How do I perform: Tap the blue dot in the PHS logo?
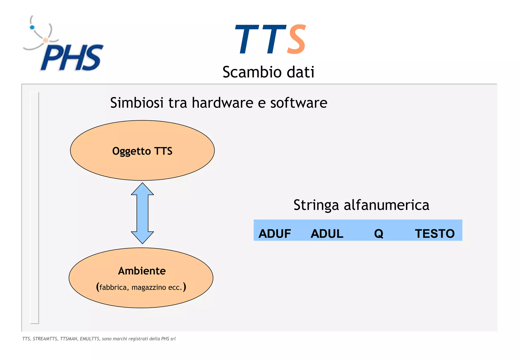pyautogui.click(x=32, y=27)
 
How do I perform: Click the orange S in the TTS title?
pyautogui.click(x=296, y=39)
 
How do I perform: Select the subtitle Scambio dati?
pyautogui.click(x=268, y=72)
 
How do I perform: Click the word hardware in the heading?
pyautogui.click(x=222, y=103)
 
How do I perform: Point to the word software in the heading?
pyautogui.click(x=299, y=103)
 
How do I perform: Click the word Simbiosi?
pyautogui.click(x=137, y=103)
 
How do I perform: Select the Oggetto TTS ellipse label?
pyautogui.click(x=142, y=151)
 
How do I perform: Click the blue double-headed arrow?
pyautogui.click(x=142, y=213)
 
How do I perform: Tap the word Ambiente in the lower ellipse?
pyautogui.click(x=142, y=271)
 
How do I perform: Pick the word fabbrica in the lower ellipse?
pyautogui.click(x=113, y=287)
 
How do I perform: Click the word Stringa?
pyautogui.click(x=316, y=205)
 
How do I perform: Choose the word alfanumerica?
pyautogui.click(x=386, y=205)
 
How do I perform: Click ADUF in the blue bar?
pyautogui.click(x=275, y=234)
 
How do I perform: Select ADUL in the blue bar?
pyautogui.click(x=327, y=234)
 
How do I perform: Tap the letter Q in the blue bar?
pyautogui.click(x=379, y=234)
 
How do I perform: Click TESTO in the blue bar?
pyautogui.click(x=435, y=234)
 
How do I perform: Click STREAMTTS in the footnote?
pyautogui.click(x=45, y=339)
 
